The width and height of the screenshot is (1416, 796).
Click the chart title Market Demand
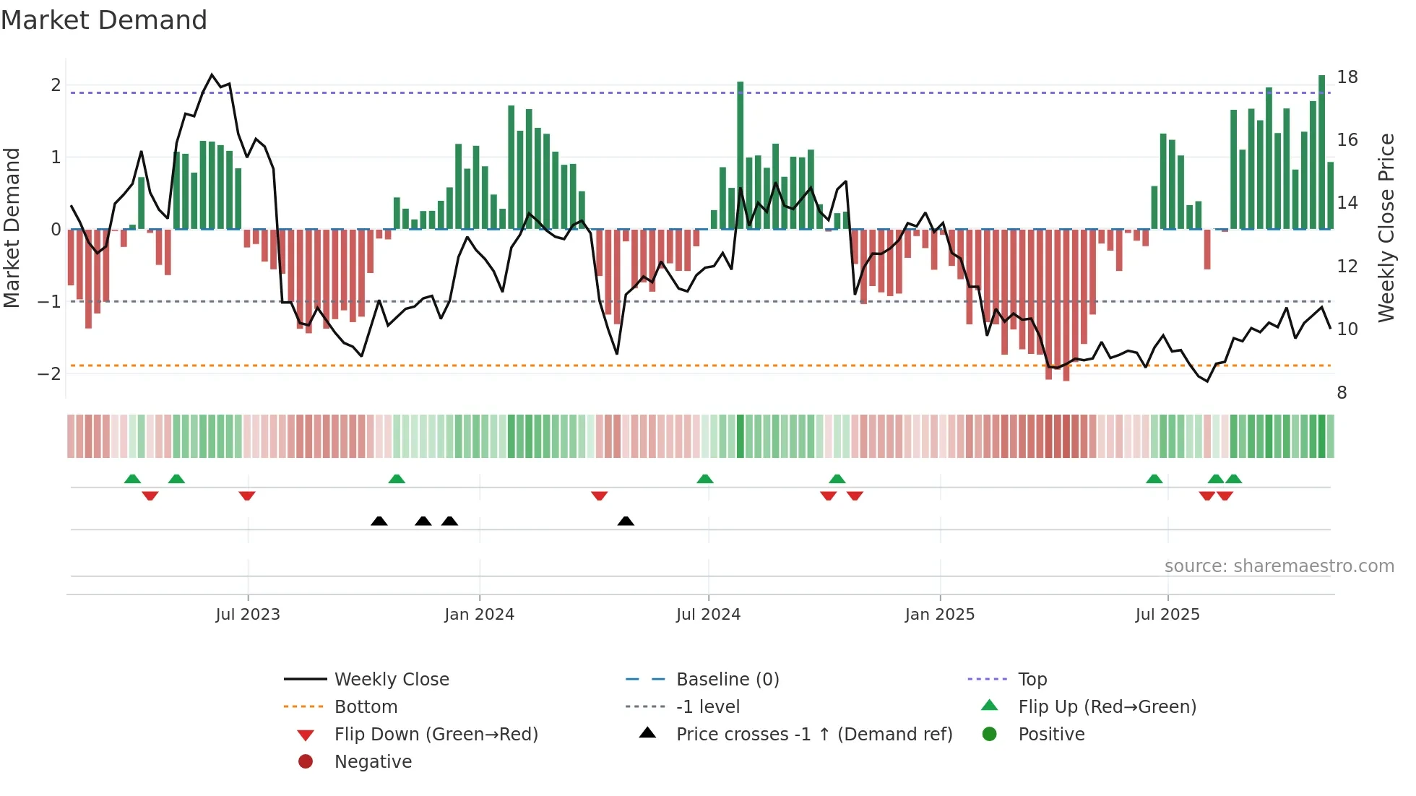pos(104,20)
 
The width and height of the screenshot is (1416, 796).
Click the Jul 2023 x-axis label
pos(247,615)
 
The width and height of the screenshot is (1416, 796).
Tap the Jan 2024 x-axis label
pos(479,615)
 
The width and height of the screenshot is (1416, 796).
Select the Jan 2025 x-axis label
pos(939,615)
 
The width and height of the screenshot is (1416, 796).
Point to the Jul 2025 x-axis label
pos(1167,615)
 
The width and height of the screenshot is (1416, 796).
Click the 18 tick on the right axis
pos(1347,77)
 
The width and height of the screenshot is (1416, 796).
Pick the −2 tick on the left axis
pos(49,373)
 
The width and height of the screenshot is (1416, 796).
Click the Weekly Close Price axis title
pos(1386,228)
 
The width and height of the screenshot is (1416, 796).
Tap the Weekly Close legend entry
pos(391,680)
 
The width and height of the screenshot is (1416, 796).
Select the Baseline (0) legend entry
pos(727,680)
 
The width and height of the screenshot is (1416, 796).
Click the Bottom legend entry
pos(366,707)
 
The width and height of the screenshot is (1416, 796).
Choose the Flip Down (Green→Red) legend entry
pos(436,735)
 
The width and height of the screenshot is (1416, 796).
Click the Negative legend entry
pos(373,762)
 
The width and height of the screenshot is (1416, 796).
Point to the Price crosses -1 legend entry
pos(813,735)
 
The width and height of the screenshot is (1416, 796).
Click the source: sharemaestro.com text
pos(1279,566)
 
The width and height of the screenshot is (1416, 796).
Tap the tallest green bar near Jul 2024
pos(740,155)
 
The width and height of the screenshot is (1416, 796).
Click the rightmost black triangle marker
pos(626,522)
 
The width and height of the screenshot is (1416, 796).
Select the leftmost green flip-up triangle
pos(132,479)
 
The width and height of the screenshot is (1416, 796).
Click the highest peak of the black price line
pos(212,74)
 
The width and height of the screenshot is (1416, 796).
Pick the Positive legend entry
pos(1050,735)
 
